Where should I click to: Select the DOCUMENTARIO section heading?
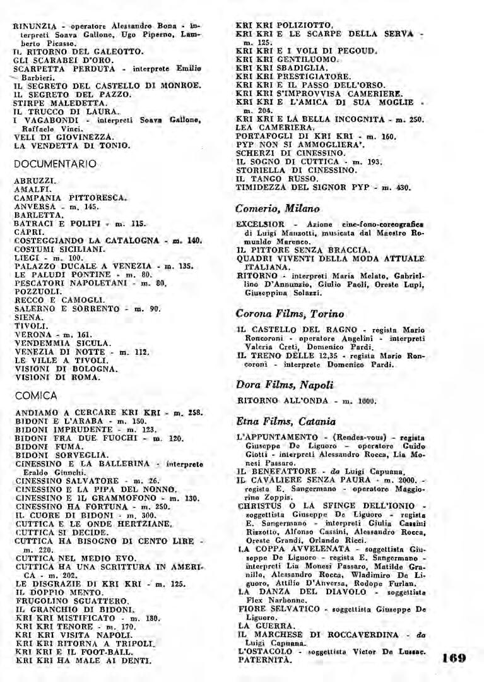[55, 164]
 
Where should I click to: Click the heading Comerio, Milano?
[278, 208]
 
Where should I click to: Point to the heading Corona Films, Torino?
[290, 313]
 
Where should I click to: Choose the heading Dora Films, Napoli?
[285, 385]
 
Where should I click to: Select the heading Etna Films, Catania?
[286, 421]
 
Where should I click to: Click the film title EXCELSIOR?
[261, 224]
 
